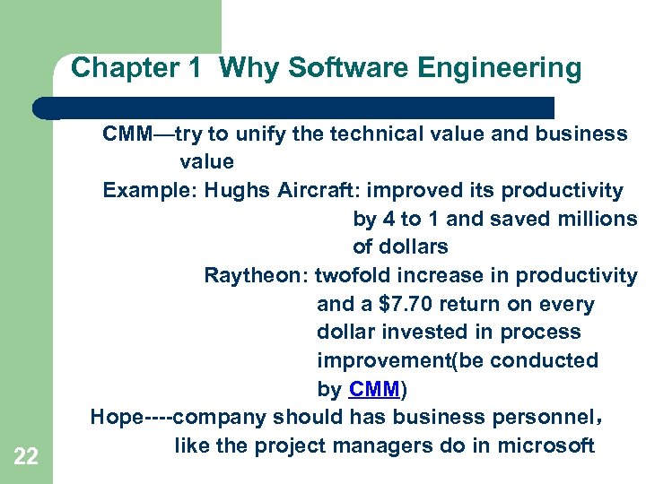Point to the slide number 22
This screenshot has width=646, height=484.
click(x=26, y=457)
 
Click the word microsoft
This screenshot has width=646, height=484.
click(x=548, y=445)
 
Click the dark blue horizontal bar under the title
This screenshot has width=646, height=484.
click(x=296, y=108)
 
